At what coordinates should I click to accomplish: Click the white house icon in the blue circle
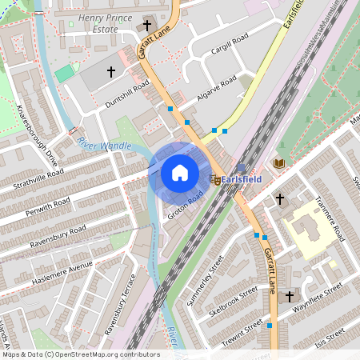(180, 172)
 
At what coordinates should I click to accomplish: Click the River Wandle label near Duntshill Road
(105, 144)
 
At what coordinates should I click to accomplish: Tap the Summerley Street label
(206, 281)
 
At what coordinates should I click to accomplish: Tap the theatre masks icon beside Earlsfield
(215, 180)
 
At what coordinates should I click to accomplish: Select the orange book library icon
(278, 163)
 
